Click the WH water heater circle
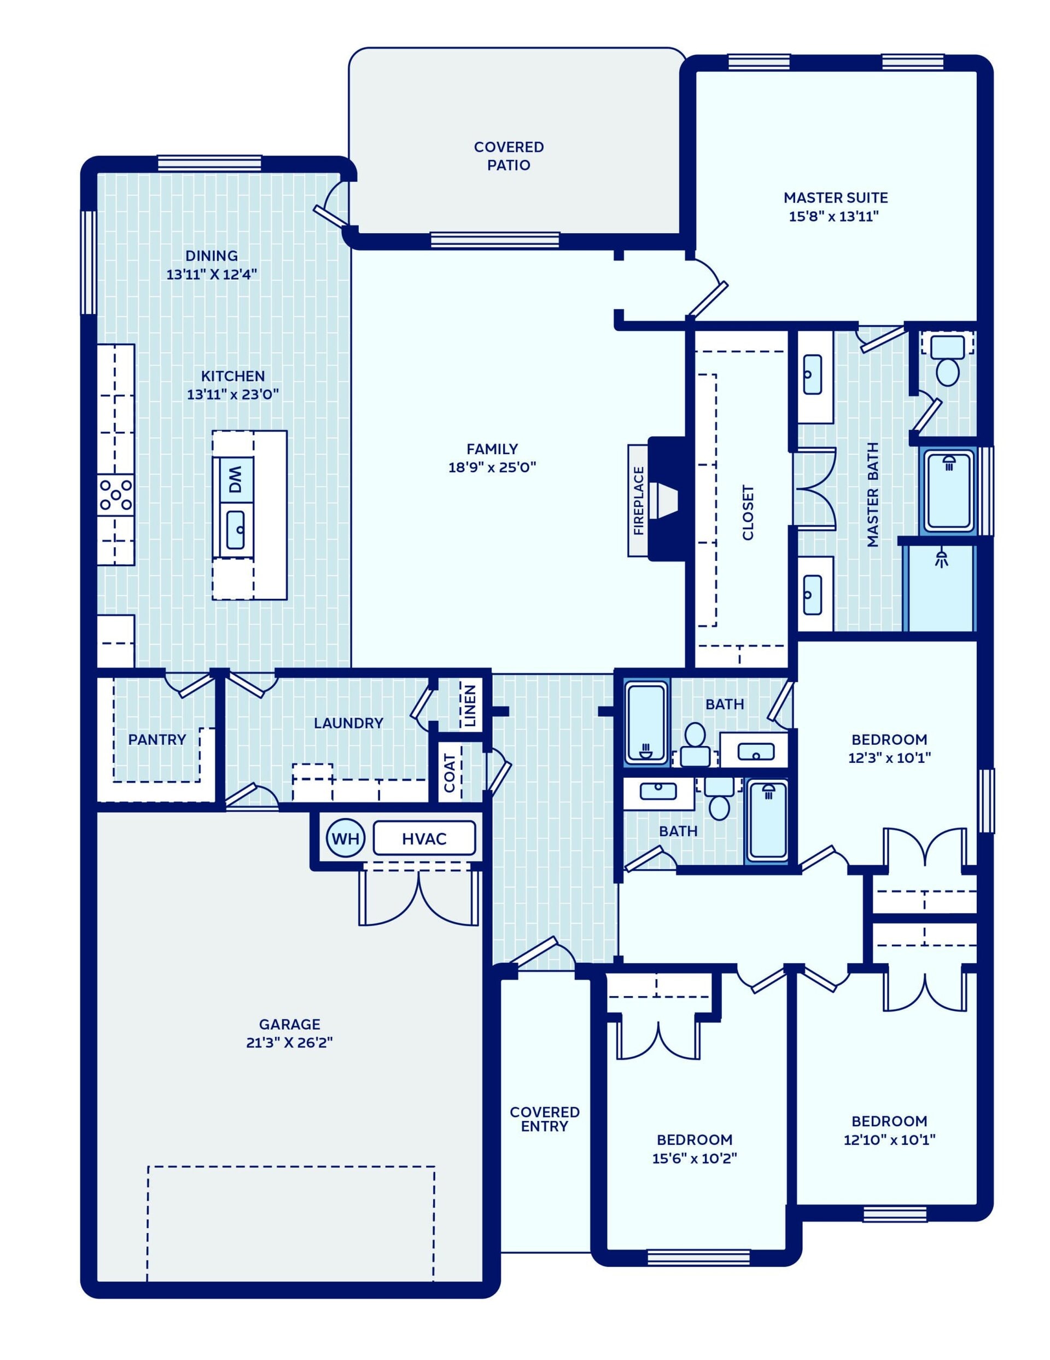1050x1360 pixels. tap(346, 838)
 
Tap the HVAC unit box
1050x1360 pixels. tap(424, 838)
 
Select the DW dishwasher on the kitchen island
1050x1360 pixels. tap(234, 480)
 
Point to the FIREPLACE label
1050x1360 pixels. tap(638, 501)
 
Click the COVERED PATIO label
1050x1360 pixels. tap(509, 155)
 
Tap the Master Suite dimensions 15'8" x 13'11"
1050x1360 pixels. tap(833, 217)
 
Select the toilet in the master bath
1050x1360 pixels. tap(947, 360)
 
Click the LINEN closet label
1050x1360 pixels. tap(470, 705)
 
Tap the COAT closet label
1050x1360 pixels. tap(450, 773)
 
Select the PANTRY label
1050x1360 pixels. tap(157, 739)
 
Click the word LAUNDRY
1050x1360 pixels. tap(348, 723)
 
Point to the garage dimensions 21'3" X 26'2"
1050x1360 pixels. tap(289, 1043)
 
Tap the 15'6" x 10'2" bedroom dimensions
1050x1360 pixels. tap(695, 1158)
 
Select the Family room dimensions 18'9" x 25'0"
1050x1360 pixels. tap(492, 467)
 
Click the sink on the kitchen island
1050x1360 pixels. tap(235, 530)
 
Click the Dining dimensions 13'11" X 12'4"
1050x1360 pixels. tap(212, 274)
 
